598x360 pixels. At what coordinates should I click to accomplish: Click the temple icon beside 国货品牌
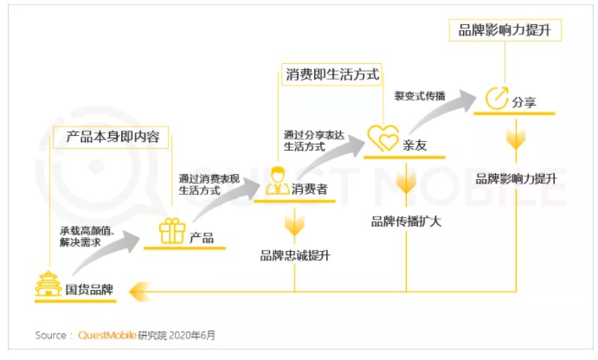pyautogui.click(x=48, y=284)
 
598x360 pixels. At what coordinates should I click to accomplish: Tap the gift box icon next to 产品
pyautogui.click(x=172, y=231)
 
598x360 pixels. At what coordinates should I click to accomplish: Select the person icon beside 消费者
pyautogui.click(x=278, y=181)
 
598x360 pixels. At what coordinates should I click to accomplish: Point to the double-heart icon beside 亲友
pyautogui.click(x=383, y=138)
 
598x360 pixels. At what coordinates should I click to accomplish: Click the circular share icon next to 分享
pyautogui.click(x=497, y=99)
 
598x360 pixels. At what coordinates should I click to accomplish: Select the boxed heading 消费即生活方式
pyautogui.click(x=332, y=74)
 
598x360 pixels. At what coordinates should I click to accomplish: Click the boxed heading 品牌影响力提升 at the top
pyautogui.click(x=505, y=30)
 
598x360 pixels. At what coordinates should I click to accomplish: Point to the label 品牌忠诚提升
pyautogui.click(x=295, y=255)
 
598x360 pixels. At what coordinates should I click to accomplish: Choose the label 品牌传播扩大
pyautogui.click(x=406, y=222)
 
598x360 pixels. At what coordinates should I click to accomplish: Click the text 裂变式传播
pyautogui.click(x=420, y=96)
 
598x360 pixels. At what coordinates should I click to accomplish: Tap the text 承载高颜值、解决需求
pyautogui.click(x=87, y=236)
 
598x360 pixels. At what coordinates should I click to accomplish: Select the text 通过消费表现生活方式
pyautogui.click(x=209, y=184)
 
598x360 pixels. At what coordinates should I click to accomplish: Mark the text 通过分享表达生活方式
pyautogui.click(x=314, y=141)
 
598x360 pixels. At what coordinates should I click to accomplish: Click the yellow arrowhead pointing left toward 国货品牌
pyautogui.click(x=140, y=292)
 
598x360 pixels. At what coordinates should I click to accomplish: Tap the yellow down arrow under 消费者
pyautogui.click(x=294, y=225)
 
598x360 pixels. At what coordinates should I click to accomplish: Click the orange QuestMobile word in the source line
pyautogui.click(x=107, y=335)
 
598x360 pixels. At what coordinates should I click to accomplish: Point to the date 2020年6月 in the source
pyautogui.click(x=192, y=335)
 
